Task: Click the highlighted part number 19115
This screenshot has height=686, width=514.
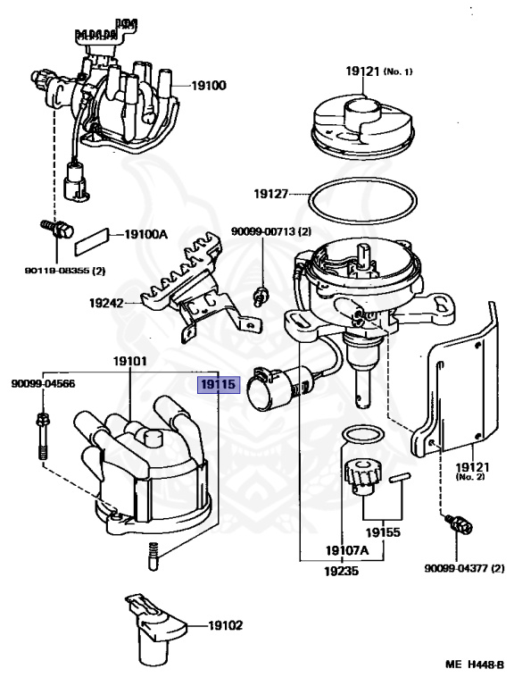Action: [x=218, y=386]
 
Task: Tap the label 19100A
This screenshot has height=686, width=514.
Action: [x=145, y=234]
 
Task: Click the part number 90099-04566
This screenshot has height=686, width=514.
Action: [x=42, y=384]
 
